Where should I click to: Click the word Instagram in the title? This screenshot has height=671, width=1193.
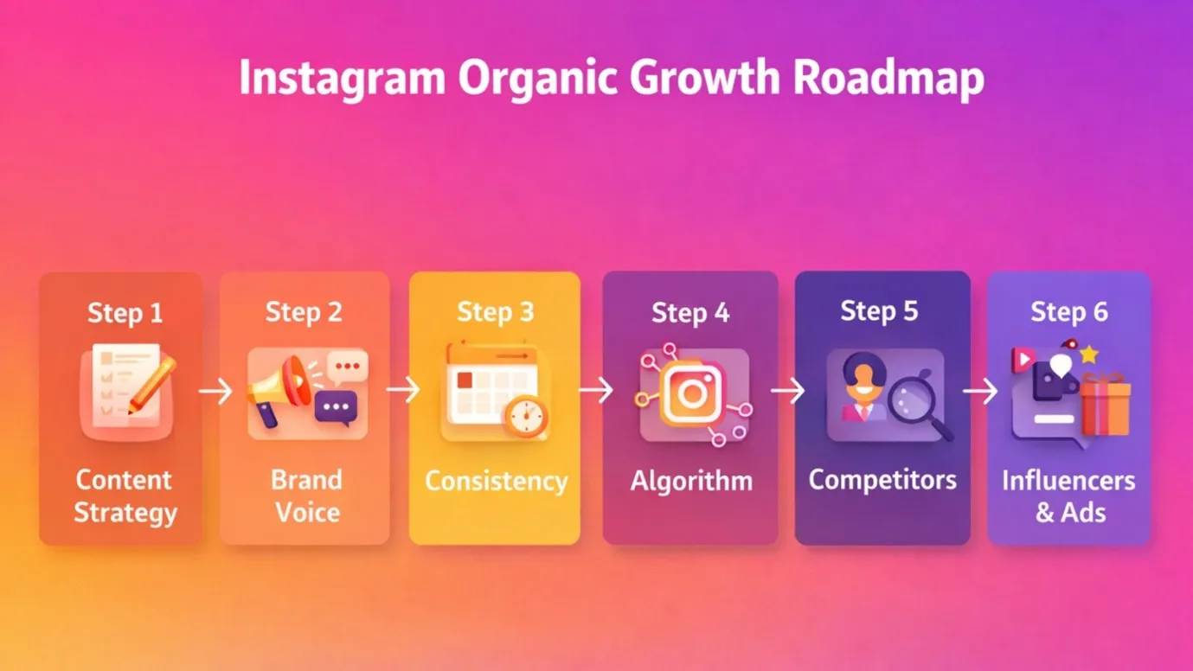pyautogui.click(x=342, y=79)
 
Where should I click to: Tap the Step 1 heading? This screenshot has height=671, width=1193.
pyautogui.click(x=125, y=312)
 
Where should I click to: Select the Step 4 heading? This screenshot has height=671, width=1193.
pyautogui.click(x=690, y=313)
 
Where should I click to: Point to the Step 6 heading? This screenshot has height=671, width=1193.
pyautogui.click(x=1068, y=311)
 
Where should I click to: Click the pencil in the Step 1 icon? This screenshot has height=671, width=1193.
pyautogui.click(x=152, y=384)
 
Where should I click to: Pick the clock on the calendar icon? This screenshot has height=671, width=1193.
pyautogui.click(x=527, y=417)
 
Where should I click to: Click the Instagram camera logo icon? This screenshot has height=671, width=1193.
pyautogui.click(x=691, y=394)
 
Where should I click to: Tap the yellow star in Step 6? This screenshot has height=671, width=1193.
pyautogui.click(x=1088, y=354)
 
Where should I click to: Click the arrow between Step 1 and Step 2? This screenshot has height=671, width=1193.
pyautogui.click(x=215, y=392)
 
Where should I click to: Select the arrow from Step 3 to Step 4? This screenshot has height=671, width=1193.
pyautogui.click(x=595, y=392)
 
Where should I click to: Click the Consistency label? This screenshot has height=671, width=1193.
pyautogui.click(x=496, y=482)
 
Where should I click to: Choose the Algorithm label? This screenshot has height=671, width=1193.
pyautogui.click(x=691, y=481)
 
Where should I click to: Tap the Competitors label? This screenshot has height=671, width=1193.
pyautogui.click(x=882, y=480)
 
